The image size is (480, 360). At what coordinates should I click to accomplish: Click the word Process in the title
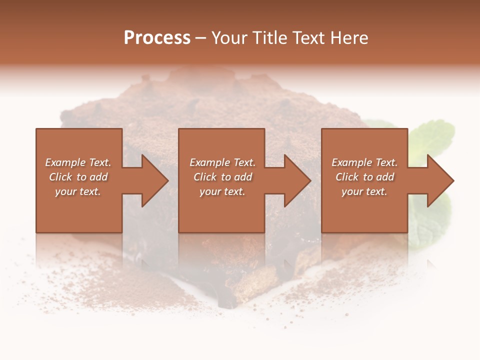157,38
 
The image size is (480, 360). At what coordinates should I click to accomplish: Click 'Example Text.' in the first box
78,162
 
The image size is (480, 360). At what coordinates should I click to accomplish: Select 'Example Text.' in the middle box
222,162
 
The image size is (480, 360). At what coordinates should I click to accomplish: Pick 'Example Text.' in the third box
364,162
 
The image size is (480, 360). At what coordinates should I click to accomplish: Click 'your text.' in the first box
77,191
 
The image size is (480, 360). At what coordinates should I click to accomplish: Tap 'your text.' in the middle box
222,191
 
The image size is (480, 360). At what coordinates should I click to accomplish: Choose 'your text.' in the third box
364,191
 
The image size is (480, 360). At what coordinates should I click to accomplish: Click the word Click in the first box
60,177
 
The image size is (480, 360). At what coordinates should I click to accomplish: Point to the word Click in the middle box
205,177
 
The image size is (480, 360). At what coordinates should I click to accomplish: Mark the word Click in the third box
347,177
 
